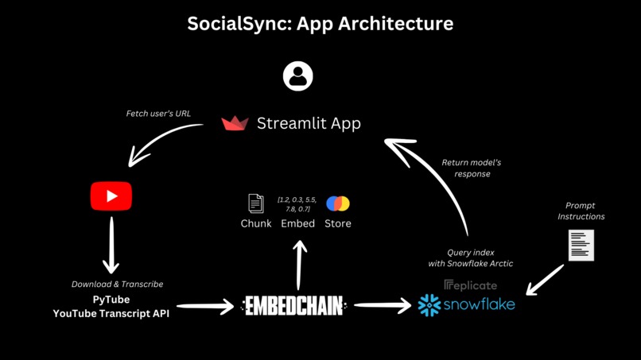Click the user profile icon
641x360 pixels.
298,76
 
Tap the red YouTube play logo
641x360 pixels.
111,196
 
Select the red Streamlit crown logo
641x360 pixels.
235,123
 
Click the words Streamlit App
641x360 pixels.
309,123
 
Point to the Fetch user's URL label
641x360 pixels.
158,114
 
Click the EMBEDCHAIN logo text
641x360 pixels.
294,305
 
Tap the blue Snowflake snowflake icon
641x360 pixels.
429,305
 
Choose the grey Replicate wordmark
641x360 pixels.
471,285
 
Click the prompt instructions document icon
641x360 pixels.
581,246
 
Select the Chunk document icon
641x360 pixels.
256,203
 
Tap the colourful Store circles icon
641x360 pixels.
338,203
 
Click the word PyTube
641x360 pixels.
111,300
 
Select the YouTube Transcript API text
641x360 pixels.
111,313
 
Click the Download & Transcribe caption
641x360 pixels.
117,285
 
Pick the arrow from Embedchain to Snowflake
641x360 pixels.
383,305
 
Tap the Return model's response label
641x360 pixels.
472,168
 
